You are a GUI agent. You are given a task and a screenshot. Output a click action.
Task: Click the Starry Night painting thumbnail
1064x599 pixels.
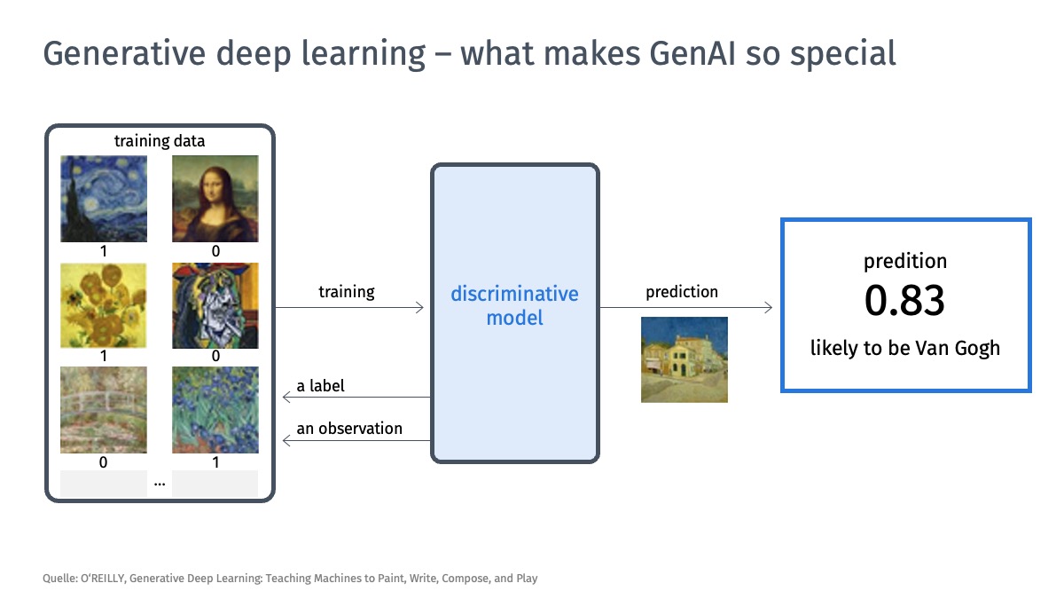coord(104,199)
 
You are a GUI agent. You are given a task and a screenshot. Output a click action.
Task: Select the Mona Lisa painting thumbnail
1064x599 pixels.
coord(215,199)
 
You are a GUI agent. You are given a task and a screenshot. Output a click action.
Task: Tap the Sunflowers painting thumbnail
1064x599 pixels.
coord(104,305)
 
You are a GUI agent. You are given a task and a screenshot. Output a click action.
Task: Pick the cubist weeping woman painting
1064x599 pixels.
coord(215,305)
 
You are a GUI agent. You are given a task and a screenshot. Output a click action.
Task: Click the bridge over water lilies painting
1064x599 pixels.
coord(104,410)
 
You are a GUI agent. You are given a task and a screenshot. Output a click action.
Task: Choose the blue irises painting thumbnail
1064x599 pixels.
coord(215,410)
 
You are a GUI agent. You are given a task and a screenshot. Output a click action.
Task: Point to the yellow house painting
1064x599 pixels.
coord(685,360)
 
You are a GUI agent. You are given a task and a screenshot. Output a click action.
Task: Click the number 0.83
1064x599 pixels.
coord(905,301)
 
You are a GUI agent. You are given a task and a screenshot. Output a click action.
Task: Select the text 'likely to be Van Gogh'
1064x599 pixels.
coord(905,348)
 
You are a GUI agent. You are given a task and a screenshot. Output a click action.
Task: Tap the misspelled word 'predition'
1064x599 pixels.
coord(905,261)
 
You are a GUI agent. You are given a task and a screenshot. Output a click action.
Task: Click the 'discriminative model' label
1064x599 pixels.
coord(515,305)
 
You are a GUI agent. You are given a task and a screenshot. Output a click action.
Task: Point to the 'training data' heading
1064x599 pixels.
coord(160,141)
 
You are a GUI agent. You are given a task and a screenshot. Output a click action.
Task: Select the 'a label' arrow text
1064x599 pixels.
coord(320,385)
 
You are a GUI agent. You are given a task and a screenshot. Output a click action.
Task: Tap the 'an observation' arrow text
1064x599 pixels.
coord(349,429)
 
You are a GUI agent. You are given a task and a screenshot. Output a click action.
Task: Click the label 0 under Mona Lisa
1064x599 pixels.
coord(215,251)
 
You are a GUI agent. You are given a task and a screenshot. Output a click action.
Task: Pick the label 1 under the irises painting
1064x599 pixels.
coord(215,462)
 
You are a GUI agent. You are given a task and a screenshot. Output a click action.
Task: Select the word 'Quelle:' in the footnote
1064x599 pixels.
coord(60,578)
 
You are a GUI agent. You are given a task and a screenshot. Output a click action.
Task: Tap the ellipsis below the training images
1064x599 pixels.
coord(160,485)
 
